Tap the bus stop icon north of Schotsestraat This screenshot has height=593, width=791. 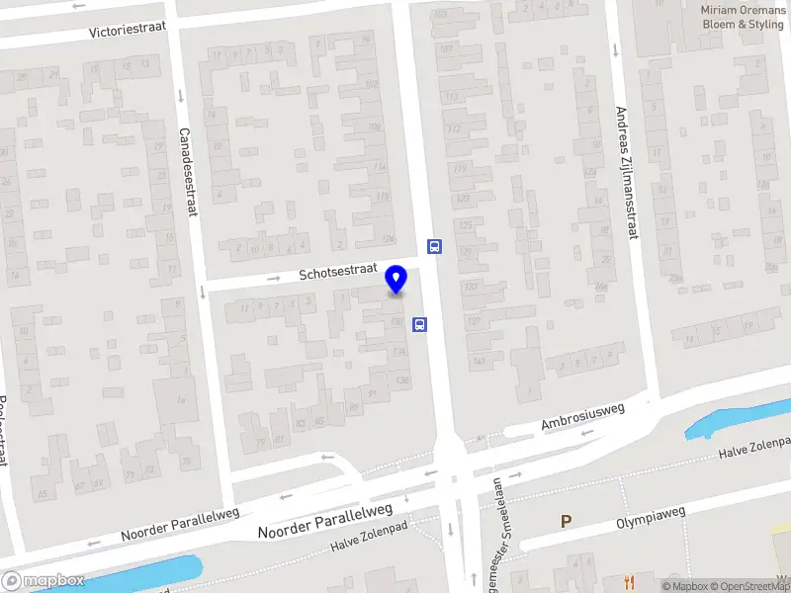(x=434, y=246)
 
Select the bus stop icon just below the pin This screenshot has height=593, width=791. (x=419, y=323)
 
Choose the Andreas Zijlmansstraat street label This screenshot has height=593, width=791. (x=622, y=173)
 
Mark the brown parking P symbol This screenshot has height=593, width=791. (x=567, y=521)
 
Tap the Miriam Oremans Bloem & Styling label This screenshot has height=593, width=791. (x=742, y=17)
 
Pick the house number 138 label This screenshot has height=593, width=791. (x=401, y=381)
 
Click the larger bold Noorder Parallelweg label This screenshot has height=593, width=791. (x=325, y=520)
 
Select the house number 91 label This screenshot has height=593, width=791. (x=373, y=392)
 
